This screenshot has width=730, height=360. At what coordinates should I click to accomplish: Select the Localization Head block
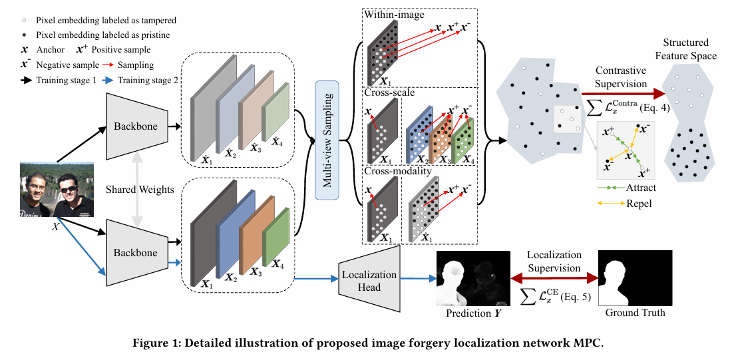click(x=369, y=279)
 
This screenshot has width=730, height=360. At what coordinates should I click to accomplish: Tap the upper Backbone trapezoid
click(x=136, y=125)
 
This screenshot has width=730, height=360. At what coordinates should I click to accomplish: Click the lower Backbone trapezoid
click(x=136, y=252)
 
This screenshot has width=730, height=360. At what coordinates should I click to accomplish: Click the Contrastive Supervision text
click(x=621, y=77)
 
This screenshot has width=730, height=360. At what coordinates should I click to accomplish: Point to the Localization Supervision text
click(x=554, y=262)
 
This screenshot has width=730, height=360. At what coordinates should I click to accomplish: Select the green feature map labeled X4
click(x=275, y=236)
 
